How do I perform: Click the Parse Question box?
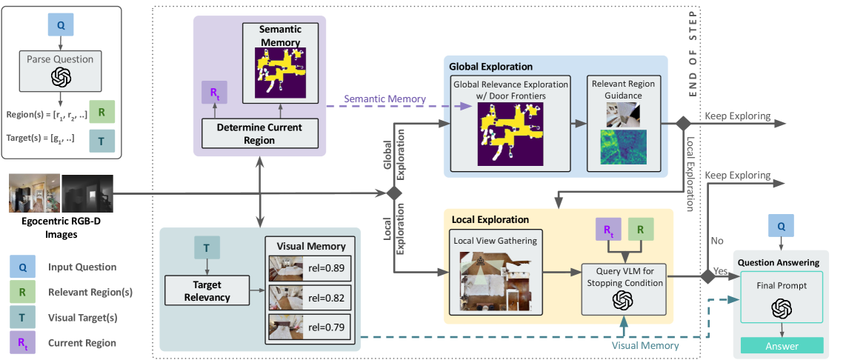pos(60,59)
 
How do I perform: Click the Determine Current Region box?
pos(259,133)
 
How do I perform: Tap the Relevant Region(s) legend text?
pos(90,292)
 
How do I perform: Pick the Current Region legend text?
pos(82,342)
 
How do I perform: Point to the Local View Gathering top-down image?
pos(496,281)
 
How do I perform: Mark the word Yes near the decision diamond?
pos(719,273)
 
